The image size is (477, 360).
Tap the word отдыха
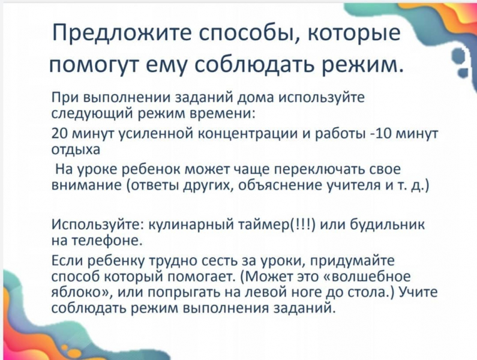[76, 150]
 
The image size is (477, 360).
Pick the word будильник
[387, 224]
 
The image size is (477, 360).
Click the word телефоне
[107, 240]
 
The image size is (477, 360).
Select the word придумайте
[352, 261]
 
